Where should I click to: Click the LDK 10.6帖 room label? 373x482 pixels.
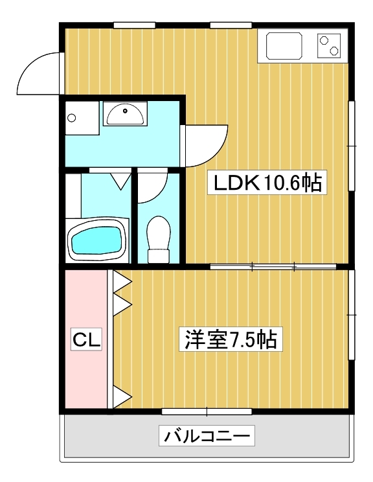click(x=267, y=183)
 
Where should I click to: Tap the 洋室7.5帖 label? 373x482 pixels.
click(x=231, y=339)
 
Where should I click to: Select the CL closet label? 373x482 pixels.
click(x=86, y=339)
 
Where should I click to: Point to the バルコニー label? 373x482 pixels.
click(x=207, y=435)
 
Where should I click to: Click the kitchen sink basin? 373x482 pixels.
click(x=284, y=45)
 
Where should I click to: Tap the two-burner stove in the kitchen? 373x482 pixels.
click(x=329, y=45)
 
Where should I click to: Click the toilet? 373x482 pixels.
click(x=159, y=239)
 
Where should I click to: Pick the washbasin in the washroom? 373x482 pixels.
click(x=125, y=114)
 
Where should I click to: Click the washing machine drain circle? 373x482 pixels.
click(x=72, y=118)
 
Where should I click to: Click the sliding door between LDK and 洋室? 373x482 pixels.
click(x=273, y=266)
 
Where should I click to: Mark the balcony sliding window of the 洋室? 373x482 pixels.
click(x=207, y=411)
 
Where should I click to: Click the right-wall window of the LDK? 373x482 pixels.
click(x=352, y=146)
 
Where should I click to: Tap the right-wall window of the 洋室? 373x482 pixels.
click(x=352, y=314)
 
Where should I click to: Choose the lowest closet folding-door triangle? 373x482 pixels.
click(x=122, y=396)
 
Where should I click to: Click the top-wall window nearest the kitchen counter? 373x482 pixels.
click(x=231, y=25)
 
